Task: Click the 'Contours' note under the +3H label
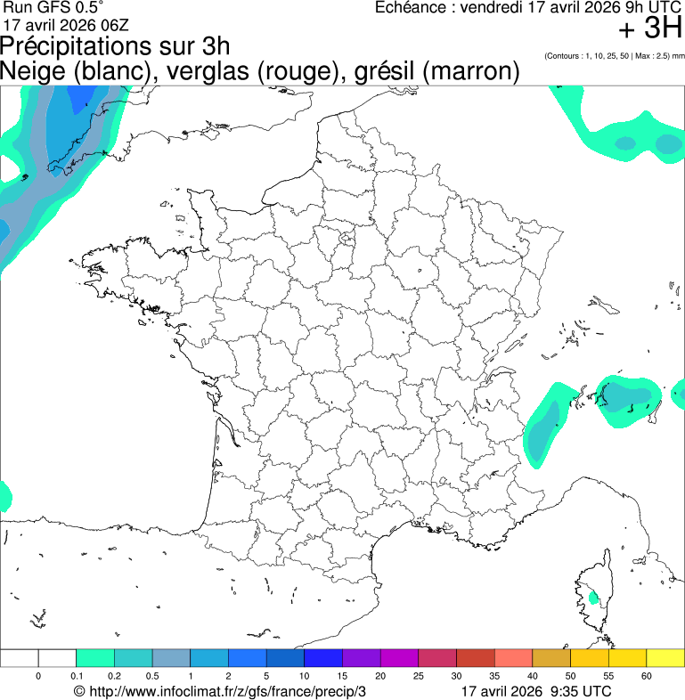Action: (614, 56)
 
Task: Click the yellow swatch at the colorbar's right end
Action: (665, 658)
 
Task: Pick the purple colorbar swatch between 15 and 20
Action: (361, 658)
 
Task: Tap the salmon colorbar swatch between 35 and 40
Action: (513, 658)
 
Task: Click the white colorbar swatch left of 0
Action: (20, 658)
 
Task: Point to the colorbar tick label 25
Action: (418, 677)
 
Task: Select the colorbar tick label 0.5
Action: (152, 677)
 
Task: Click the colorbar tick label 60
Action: (646, 677)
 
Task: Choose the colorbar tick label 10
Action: (305, 677)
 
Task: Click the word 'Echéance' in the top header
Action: (412, 7)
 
